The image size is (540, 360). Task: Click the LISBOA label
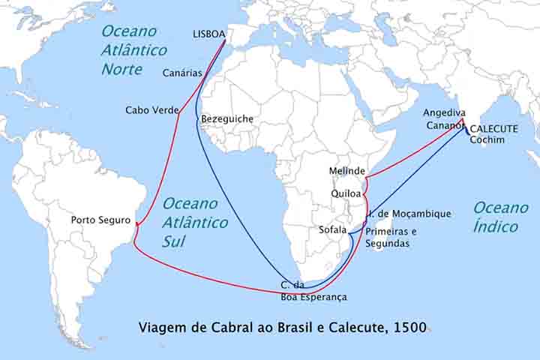click(208, 34)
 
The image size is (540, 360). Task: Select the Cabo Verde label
click(151, 110)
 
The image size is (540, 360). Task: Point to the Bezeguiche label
click(226, 119)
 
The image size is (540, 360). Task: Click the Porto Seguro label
click(100, 220)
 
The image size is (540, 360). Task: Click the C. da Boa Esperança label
click(313, 291)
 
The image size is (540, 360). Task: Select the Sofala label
click(332, 229)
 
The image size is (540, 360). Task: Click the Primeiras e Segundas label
click(391, 238)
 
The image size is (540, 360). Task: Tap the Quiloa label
click(346, 193)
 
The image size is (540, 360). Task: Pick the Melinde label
click(347, 171)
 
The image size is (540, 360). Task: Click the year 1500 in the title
click(412, 327)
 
